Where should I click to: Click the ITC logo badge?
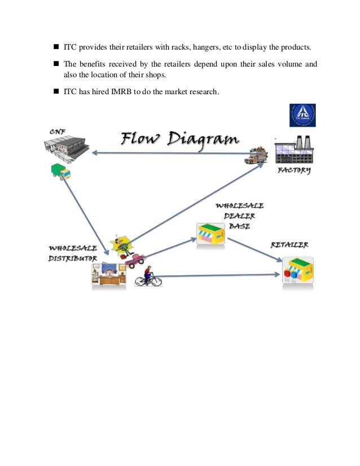point(302,116)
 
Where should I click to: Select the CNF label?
point(56,132)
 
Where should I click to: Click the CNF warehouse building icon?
point(67,149)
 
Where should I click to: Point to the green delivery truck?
point(60,171)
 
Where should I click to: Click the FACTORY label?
point(293,170)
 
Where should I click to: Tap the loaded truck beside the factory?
point(256,155)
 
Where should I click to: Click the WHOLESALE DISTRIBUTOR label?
point(72,253)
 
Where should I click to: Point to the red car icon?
point(135,260)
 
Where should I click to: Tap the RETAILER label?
point(289,245)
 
